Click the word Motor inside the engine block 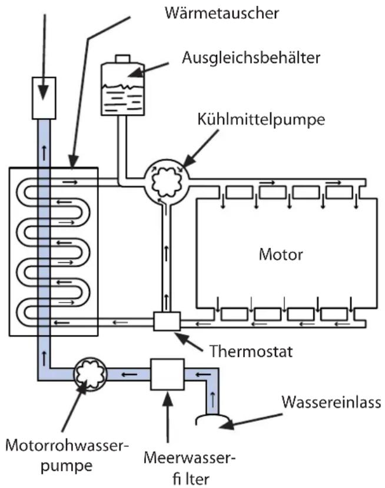tap(281, 255)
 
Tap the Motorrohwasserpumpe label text tap(67, 454)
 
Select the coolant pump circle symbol tap(165, 182)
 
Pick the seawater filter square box tap(168, 374)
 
